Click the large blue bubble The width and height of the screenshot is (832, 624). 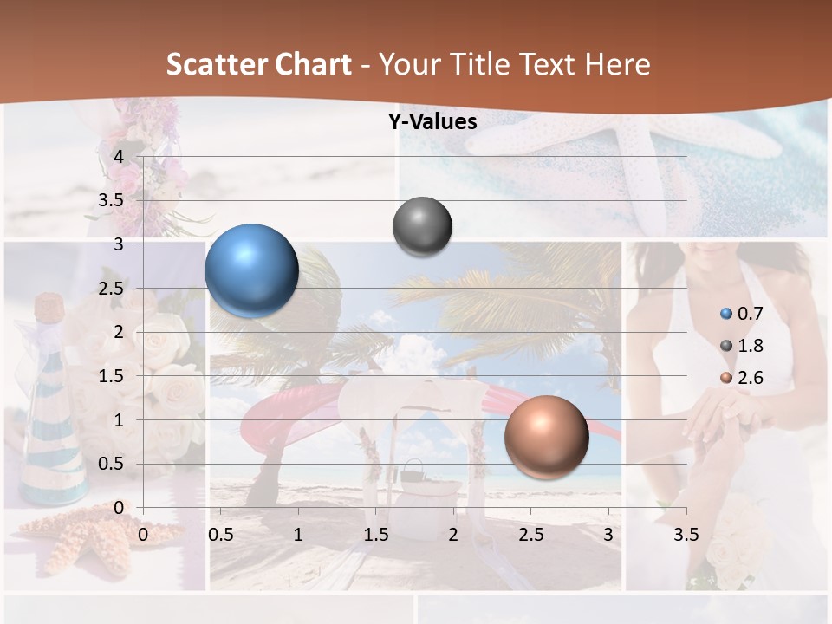pyautogui.click(x=251, y=270)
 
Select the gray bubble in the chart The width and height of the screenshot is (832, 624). pyautogui.click(x=423, y=227)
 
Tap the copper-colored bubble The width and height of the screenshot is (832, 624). pyautogui.click(x=547, y=437)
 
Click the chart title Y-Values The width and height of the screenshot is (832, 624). pyautogui.click(x=432, y=122)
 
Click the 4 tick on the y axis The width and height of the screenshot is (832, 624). pyautogui.click(x=119, y=157)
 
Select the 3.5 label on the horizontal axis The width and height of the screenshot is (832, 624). pyautogui.click(x=686, y=535)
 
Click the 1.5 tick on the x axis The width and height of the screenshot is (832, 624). pyautogui.click(x=376, y=535)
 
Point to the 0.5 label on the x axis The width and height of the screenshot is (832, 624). pyautogui.click(x=221, y=535)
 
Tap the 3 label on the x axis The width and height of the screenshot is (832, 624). pyautogui.click(x=608, y=535)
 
